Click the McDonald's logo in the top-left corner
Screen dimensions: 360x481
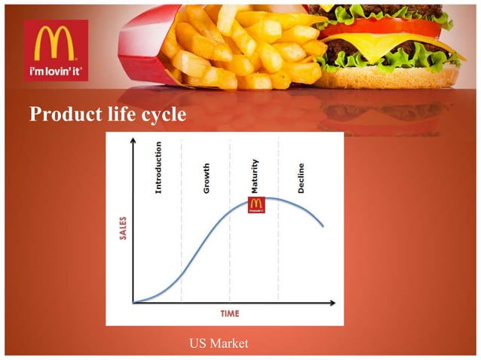56,43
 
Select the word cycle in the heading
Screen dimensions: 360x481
163,114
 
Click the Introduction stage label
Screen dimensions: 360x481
158,167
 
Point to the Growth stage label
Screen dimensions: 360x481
207,178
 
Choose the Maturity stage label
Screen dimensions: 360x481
255,176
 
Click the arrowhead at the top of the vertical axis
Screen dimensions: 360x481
133,140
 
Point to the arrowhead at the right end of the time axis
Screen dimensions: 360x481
332,303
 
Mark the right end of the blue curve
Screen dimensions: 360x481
323,226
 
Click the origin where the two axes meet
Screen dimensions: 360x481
133,303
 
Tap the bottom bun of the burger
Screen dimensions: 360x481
392,77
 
